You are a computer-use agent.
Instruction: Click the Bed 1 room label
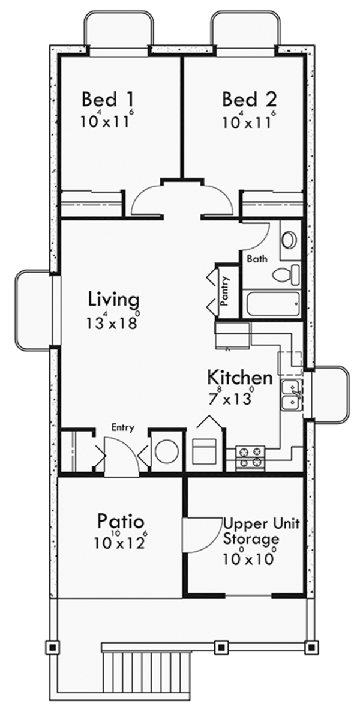pyautogui.click(x=107, y=99)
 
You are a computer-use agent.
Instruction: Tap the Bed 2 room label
pyautogui.click(x=249, y=99)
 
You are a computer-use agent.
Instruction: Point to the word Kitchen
pyautogui.click(x=240, y=377)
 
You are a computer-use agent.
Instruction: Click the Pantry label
pyautogui.click(x=224, y=291)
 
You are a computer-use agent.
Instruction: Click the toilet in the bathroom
pyautogui.click(x=286, y=274)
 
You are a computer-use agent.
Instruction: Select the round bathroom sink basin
pyautogui.click(x=289, y=240)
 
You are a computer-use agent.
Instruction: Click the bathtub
pyautogui.click(x=274, y=304)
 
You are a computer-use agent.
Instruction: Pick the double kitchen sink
pyautogui.click(x=292, y=395)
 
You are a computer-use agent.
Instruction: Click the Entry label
pyautogui.click(x=123, y=428)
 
